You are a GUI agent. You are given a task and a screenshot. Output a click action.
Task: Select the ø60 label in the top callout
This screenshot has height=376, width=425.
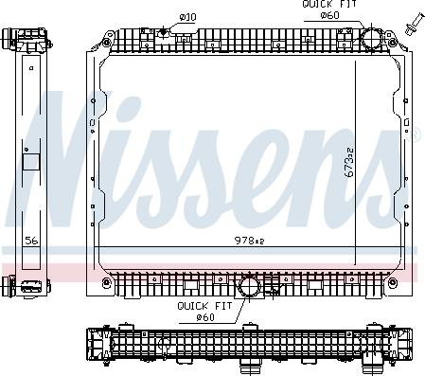[329, 16]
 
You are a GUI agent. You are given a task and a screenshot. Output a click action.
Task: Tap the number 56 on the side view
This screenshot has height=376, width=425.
[31, 241]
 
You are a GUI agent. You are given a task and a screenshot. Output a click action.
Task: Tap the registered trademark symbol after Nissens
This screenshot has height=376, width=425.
[413, 135]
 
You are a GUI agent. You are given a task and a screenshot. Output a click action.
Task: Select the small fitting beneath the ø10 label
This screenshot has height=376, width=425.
[164, 32]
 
